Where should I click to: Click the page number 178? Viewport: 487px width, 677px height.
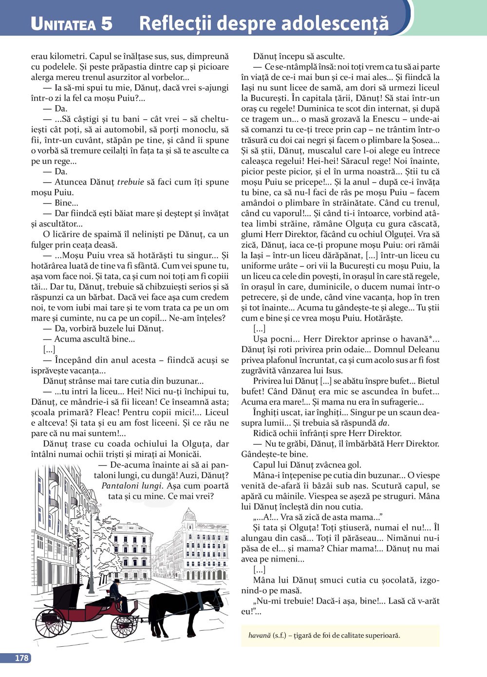tap(21, 658)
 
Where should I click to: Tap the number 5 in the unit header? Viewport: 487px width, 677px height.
tap(107, 23)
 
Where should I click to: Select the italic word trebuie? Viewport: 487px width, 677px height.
tap(131, 182)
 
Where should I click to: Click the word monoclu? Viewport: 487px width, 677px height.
tap(200, 130)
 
